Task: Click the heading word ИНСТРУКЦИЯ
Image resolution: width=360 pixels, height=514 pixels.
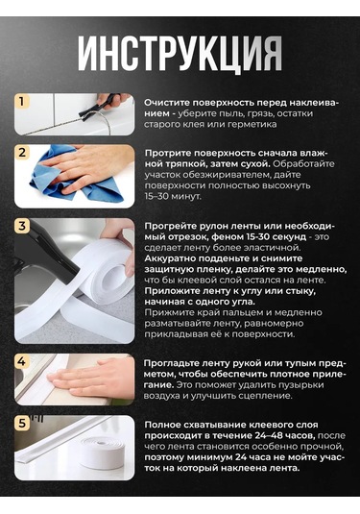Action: point(180,54)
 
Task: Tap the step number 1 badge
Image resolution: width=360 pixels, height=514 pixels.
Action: point(22,102)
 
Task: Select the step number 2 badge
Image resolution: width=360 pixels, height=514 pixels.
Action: point(22,153)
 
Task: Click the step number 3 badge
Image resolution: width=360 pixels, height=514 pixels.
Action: point(22,226)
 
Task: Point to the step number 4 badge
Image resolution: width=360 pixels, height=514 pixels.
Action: point(22,362)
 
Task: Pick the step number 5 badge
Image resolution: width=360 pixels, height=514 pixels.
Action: point(22,424)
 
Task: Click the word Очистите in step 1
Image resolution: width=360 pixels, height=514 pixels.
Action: point(167,103)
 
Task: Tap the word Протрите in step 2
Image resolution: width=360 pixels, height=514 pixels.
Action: point(167,154)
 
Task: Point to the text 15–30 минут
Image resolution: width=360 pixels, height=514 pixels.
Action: point(173,196)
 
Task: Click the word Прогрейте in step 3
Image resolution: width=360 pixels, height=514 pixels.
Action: point(170,227)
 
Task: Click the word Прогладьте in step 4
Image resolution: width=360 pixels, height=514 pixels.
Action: point(171,363)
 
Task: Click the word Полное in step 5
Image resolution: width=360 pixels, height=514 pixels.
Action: point(161,426)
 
